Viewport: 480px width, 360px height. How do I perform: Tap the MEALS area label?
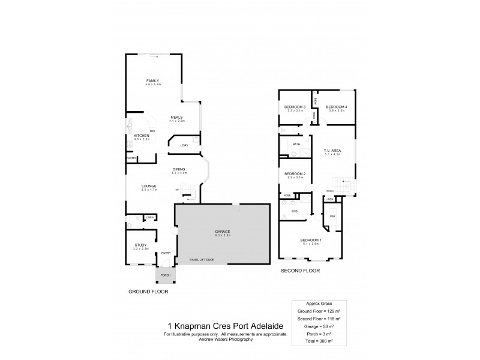coord(176,117)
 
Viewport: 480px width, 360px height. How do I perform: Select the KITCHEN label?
coord(141,136)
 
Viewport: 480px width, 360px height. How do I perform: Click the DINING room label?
coord(179,169)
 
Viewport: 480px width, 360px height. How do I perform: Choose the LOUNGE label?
coord(149,186)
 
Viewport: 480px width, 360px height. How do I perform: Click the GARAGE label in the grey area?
coord(223,231)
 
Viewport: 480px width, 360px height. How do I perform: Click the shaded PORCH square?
coord(165,275)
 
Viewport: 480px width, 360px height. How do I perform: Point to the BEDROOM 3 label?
coord(295,107)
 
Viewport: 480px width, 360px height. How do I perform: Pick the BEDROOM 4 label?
coord(337,107)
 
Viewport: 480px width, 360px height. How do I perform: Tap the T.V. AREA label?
coord(332,151)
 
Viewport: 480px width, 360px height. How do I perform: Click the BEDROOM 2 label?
coord(295,174)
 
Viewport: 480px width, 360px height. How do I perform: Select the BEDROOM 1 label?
coord(311,241)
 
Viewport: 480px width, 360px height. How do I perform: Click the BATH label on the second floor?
coord(296,145)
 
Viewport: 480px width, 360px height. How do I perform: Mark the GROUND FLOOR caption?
coord(148,291)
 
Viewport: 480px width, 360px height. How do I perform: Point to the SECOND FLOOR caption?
coord(301,271)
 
